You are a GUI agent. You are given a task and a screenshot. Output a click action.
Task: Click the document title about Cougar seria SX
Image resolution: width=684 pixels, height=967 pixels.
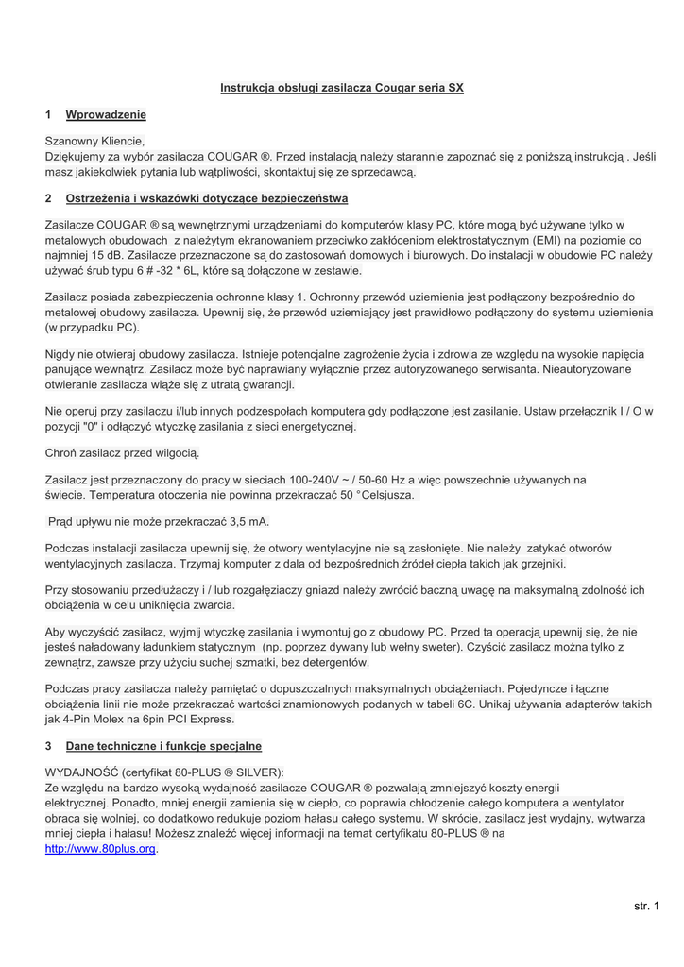tap(342, 88)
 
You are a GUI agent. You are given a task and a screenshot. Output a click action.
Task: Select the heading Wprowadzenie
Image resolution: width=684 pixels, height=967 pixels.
tap(106, 115)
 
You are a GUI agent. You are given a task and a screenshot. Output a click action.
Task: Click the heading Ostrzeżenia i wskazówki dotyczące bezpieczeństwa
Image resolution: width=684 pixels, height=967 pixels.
tap(207, 198)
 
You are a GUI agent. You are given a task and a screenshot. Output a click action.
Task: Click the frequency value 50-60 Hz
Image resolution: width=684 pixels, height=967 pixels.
tap(392, 480)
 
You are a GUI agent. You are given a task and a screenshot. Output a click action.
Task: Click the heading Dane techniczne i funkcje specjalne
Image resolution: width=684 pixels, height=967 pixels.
tap(163, 746)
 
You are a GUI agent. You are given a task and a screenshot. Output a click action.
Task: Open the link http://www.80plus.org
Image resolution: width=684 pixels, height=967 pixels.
tap(100, 848)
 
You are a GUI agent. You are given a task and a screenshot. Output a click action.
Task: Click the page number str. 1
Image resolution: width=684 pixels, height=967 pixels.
tap(647, 907)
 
